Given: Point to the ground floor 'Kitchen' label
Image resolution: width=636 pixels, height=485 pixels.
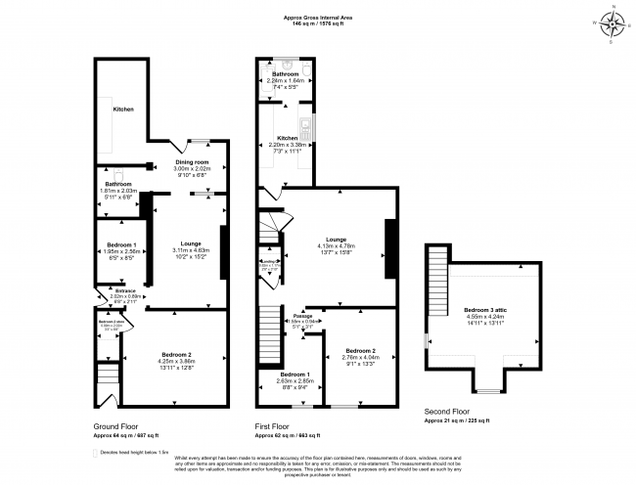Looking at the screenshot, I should (x=122, y=110).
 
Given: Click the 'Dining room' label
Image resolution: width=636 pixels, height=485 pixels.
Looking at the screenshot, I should (x=192, y=161).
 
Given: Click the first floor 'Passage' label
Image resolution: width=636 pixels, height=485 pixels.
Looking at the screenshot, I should (x=303, y=315).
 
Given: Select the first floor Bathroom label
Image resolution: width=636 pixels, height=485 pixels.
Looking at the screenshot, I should (x=285, y=74).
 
